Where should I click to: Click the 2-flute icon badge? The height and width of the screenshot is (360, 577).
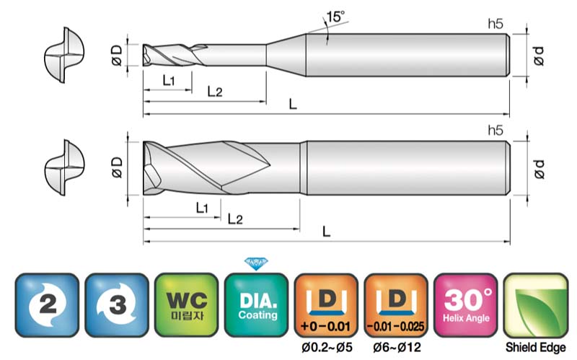point(47,304)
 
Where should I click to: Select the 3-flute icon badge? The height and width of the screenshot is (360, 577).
point(117,304)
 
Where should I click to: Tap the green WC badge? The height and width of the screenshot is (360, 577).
point(187,304)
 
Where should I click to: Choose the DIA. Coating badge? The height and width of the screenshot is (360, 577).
point(257,304)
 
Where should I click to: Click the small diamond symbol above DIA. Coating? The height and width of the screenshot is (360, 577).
point(256,263)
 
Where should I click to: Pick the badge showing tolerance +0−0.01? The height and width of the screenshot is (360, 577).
point(326,304)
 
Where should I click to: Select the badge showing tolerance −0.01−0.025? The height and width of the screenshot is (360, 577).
point(396,304)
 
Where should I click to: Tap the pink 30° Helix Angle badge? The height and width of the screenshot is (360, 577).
point(466,304)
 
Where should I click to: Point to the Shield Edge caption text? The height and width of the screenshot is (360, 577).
point(535,347)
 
